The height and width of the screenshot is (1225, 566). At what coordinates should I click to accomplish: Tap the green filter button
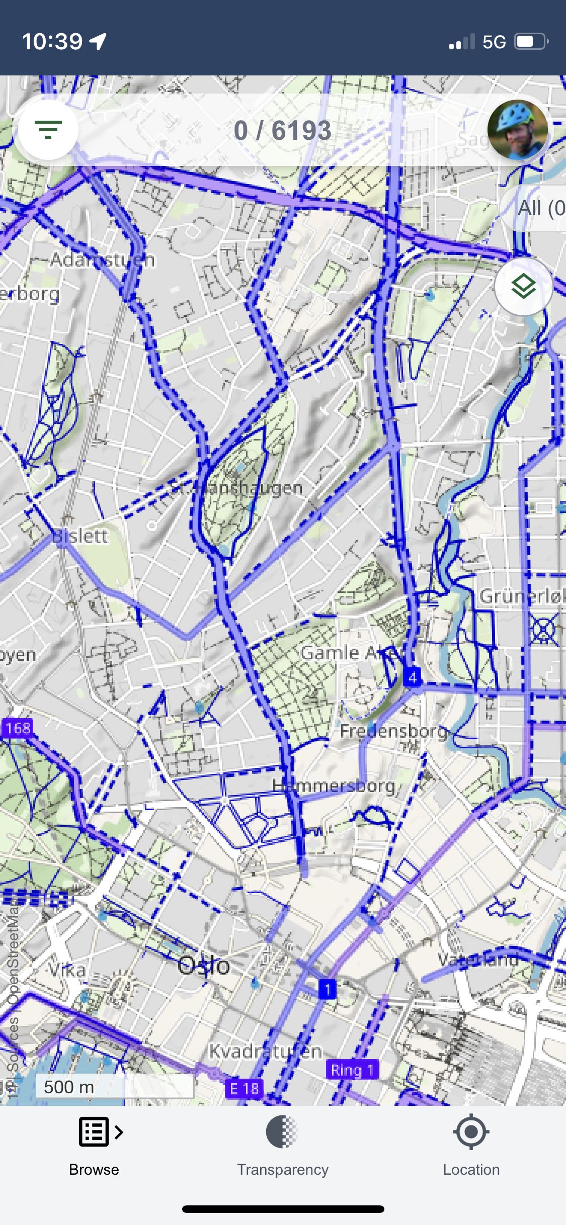[x=48, y=130]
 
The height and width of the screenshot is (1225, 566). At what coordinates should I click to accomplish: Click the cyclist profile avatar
[x=518, y=130]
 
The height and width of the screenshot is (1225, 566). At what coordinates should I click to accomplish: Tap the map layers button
[x=523, y=287]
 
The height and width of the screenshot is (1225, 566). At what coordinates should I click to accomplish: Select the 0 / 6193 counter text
[x=282, y=131]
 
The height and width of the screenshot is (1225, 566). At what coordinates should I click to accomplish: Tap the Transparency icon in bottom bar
[x=282, y=1132]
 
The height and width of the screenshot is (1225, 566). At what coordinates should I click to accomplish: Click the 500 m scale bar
[x=115, y=1087]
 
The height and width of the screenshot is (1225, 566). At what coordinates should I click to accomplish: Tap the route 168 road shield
[x=18, y=727]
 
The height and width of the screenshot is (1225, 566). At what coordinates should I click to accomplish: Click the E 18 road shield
[x=244, y=1089]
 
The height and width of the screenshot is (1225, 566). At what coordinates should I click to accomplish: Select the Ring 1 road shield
[x=352, y=1070]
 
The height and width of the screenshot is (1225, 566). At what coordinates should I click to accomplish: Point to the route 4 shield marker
[x=412, y=677]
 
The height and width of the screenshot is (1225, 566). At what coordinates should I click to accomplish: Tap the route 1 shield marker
[x=328, y=989]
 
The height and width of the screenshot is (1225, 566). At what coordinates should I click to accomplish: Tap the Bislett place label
[x=80, y=536]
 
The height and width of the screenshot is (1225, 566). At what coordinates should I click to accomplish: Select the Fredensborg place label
[x=393, y=731]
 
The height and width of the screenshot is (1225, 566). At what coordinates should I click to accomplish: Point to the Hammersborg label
[x=334, y=785]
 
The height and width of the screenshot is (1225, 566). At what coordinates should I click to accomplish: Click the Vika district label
[x=67, y=970]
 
